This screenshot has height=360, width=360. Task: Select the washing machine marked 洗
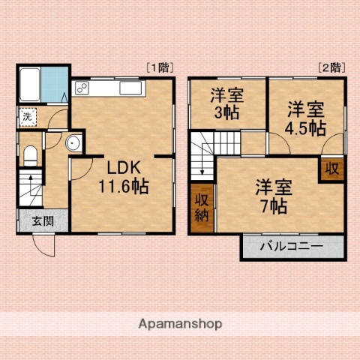(x=27, y=116)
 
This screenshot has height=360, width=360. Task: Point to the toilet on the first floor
(x=31, y=155)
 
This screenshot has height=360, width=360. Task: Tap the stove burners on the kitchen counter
(x=82, y=89)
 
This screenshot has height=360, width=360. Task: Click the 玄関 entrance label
(x=43, y=221)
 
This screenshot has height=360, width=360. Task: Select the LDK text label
(x=121, y=167)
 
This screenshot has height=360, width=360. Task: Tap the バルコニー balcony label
(x=292, y=246)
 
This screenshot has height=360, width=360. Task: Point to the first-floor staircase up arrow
(x=31, y=181)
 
